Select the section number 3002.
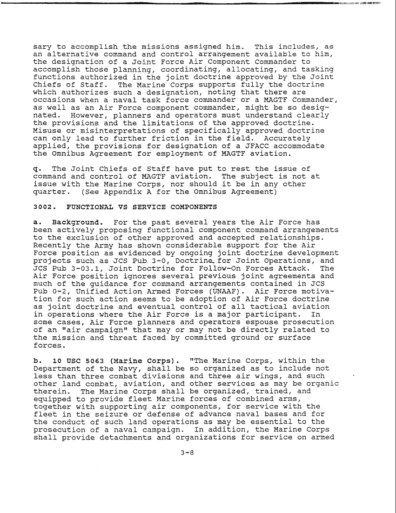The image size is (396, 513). click(x=43, y=207)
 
